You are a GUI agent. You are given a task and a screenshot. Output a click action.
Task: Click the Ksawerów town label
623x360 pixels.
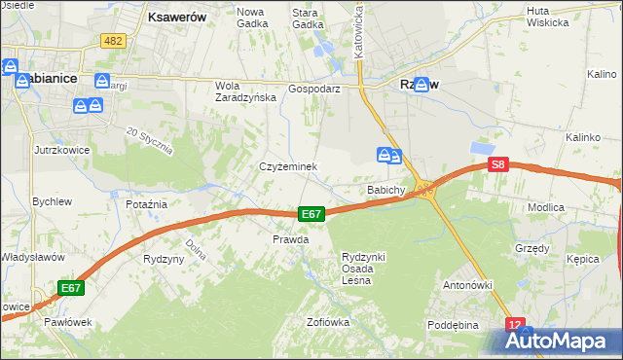point(174,17)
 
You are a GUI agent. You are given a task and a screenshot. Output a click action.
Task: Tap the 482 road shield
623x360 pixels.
point(113,40)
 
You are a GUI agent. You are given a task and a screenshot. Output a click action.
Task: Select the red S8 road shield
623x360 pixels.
point(497,166)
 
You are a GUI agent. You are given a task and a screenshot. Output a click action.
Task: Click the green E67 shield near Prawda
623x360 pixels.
point(311,214)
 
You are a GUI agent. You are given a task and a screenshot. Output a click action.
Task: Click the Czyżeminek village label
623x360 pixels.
point(288,166)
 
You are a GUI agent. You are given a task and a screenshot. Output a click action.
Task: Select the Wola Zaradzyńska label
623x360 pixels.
point(239,91)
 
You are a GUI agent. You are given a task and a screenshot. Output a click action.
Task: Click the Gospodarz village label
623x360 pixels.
point(313,88)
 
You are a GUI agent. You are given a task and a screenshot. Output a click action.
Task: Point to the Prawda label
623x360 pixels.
point(290,239)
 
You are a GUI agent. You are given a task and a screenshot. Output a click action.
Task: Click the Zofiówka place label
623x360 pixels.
point(327,322)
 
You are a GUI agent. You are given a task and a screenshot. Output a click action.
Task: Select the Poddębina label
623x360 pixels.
point(454,325)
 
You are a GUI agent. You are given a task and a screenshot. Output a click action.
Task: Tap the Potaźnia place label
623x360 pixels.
point(147,204)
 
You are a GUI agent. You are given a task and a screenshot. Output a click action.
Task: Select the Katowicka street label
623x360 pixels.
point(359,29)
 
